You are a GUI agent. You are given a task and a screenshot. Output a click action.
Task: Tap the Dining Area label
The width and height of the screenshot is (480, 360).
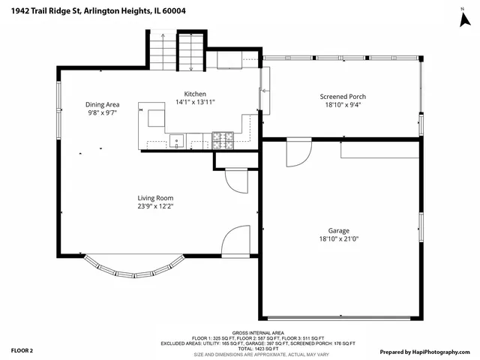click(102, 104)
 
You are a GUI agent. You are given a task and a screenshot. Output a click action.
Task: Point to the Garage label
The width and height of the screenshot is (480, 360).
click(338, 230)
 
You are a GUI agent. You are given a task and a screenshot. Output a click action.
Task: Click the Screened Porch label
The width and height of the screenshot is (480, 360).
click(342, 97)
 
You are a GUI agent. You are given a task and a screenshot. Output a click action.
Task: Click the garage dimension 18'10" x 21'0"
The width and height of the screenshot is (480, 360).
click(338, 239)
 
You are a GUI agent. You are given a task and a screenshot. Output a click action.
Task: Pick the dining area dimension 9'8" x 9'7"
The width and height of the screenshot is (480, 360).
click(102, 113)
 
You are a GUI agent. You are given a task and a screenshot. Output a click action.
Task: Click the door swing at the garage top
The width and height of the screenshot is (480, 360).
click(297, 154)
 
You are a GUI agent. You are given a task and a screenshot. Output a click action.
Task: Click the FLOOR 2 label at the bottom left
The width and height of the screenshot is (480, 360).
click(22, 350)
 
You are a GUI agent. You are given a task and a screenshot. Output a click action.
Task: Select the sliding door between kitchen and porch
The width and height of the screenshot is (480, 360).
click(262, 91)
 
